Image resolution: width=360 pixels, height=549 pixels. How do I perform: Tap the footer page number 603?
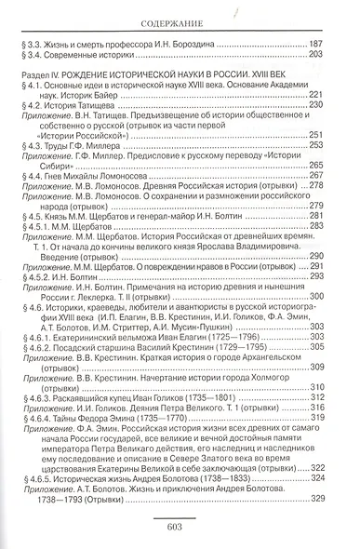[x=180, y=525]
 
